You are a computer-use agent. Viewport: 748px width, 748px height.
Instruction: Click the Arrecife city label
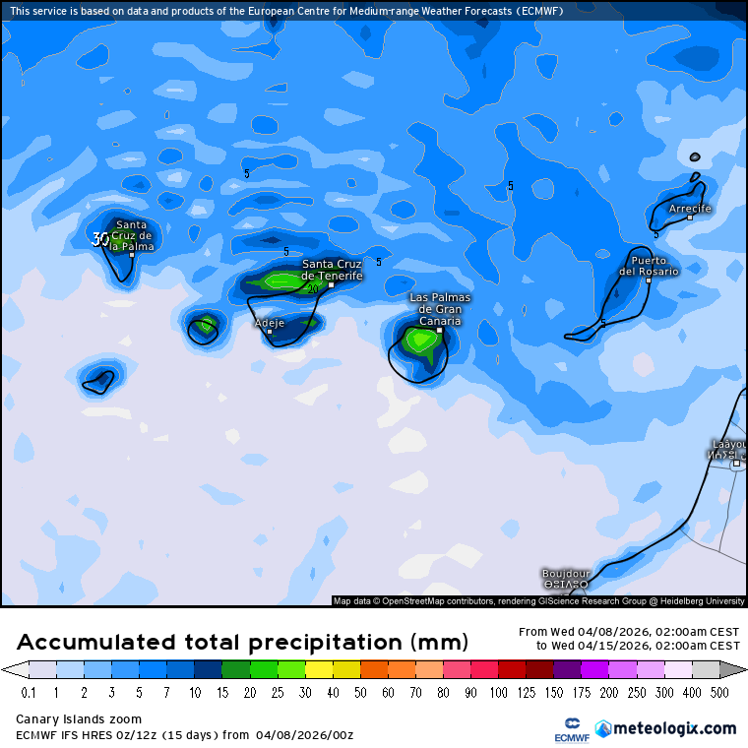[689, 209]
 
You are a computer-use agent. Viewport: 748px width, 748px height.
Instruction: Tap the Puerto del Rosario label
[649, 266]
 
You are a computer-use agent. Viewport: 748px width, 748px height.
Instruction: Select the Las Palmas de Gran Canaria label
[440, 309]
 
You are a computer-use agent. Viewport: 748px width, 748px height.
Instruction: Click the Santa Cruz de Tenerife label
[332, 270]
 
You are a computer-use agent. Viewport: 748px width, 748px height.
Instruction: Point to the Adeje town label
[269, 323]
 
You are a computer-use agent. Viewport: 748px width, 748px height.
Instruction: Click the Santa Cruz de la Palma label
[132, 236]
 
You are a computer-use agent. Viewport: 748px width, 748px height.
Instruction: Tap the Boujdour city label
[566, 573]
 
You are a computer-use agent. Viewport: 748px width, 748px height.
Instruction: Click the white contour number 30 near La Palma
[100, 239]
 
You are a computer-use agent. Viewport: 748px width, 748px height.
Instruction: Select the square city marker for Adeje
[270, 332]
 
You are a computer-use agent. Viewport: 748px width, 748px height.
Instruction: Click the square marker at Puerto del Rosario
[648, 280]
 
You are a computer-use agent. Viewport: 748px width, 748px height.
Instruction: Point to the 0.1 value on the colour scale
[30, 693]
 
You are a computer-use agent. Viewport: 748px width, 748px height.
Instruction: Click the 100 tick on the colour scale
[499, 693]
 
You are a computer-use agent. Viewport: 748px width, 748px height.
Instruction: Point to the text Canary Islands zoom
[79, 719]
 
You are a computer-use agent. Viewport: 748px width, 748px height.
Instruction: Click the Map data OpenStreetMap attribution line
[538, 600]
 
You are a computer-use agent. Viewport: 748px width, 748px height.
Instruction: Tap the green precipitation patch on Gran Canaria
[421, 341]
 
